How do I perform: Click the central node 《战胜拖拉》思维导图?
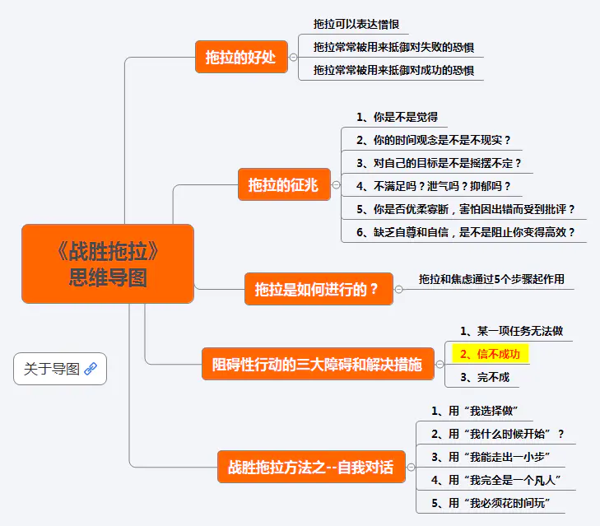108,263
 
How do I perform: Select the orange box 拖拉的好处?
241,58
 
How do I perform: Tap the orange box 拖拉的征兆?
283,185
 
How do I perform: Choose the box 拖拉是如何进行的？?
317,289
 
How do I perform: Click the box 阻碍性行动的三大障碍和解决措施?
317,365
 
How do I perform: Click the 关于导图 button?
59,369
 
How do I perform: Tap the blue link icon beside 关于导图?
91,369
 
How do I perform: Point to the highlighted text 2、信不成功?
491,355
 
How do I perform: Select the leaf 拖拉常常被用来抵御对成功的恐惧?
393,71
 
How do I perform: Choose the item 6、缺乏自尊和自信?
465,232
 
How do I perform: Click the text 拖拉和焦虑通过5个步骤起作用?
491,279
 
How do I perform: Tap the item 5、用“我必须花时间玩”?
491,503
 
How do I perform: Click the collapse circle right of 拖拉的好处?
294,58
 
